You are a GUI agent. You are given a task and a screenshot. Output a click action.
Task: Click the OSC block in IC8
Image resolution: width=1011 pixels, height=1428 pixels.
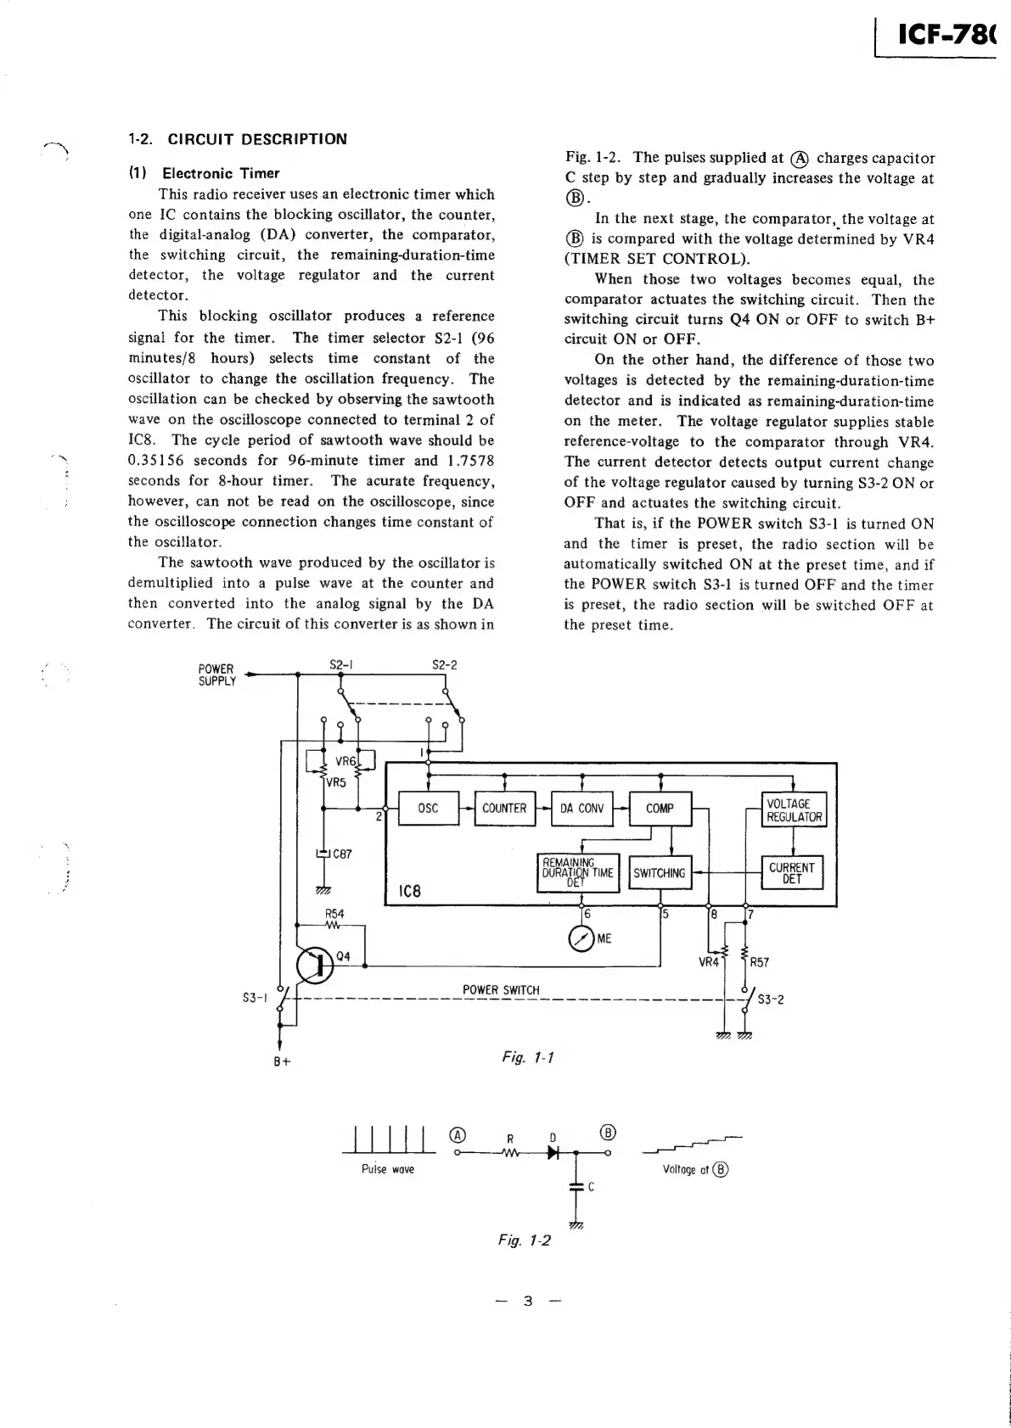(x=429, y=809)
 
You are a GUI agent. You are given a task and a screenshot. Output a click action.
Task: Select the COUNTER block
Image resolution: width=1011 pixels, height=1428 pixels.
(x=504, y=809)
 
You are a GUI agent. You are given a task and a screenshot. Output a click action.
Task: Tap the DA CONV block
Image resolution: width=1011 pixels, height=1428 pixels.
(x=581, y=809)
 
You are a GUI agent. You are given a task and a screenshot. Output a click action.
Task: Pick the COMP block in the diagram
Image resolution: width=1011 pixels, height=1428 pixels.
(x=660, y=809)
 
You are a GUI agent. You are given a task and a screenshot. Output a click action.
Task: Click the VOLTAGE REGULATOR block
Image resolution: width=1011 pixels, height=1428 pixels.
(x=794, y=810)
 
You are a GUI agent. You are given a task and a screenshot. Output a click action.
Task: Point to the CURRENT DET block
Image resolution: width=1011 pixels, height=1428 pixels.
(x=792, y=873)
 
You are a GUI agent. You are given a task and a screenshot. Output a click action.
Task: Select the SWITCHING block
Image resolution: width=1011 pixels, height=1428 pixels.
(x=660, y=873)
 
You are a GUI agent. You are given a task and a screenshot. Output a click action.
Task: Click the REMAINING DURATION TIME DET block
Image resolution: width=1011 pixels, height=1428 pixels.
(x=578, y=873)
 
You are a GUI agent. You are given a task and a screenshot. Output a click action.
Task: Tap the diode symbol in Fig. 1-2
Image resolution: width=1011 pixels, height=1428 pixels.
(x=553, y=1153)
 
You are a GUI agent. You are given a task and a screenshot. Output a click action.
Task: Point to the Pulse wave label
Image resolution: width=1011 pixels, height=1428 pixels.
(x=388, y=1169)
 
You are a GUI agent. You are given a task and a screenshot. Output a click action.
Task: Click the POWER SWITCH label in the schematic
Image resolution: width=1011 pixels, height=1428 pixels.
(x=501, y=990)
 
